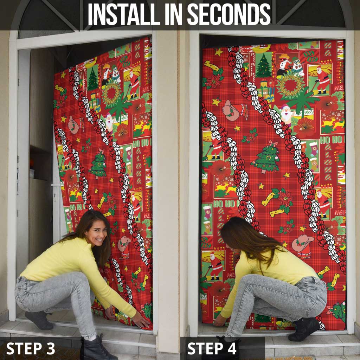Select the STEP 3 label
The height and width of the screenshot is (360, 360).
pos(31,348)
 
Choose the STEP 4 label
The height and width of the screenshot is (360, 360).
pos(212,348)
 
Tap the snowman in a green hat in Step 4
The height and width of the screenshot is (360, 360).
pos(298,68)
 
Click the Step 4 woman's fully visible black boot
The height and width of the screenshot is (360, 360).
pos(303,329)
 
